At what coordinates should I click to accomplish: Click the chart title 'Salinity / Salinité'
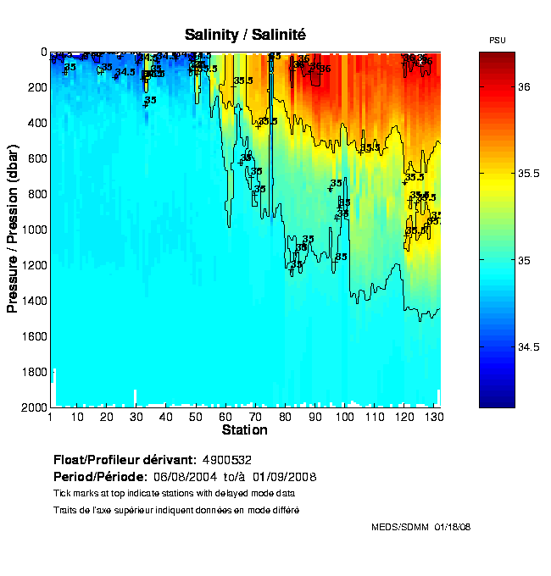click(245, 35)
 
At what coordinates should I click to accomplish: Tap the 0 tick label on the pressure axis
click(42, 52)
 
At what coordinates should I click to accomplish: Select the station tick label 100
click(344, 417)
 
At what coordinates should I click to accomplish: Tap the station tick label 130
click(433, 417)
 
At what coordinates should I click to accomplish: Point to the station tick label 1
click(51, 417)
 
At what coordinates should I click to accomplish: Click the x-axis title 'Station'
click(245, 430)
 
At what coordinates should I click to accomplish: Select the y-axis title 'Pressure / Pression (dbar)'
click(13, 229)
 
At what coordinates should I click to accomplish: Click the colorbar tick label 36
click(525, 87)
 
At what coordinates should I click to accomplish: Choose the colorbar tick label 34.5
click(528, 347)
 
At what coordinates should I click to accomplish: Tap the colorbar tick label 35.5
click(528, 174)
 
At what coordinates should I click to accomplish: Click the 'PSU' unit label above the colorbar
click(498, 41)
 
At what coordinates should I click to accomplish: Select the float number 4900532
click(227, 460)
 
